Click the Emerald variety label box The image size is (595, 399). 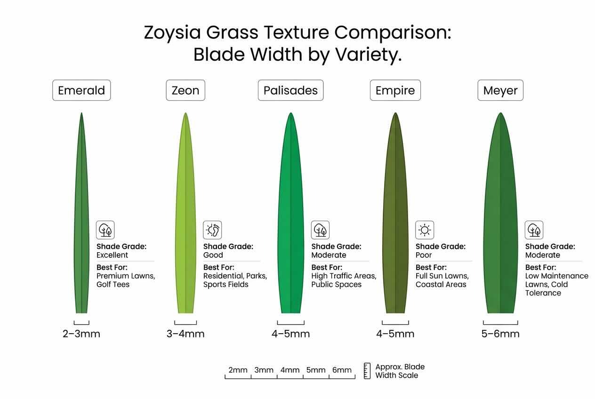pyautogui.click(x=81, y=90)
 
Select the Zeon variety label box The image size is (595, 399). pyautogui.click(x=185, y=90)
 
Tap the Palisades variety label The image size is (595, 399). pyautogui.click(x=290, y=90)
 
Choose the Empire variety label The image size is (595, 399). pyautogui.click(x=395, y=90)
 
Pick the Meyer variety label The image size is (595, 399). pyautogui.click(x=500, y=90)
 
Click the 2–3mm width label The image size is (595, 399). pyautogui.click(x=81, y=334)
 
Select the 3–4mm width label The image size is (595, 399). pyautogui.click(x=185, y=334)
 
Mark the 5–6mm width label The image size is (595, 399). pyautogui.click(x=500, y=334)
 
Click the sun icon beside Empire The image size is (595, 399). pyautogui.click(x=425, y=230)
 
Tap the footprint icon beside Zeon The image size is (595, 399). pyautogui.click(x=212, y=230)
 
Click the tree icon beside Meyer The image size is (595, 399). pyautogui.click(x=534, y=230)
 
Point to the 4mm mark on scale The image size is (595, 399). pyautogui.click(x=290, y=370)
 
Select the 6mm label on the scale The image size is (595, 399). pyautogui.click(x=342, y=370)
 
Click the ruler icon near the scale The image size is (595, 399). pyautogui.click(x=367, y=371)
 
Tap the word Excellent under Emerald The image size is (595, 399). pyautogui.click(x=112, y=255)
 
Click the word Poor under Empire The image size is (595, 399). pyautogui.click(x=424, y=255)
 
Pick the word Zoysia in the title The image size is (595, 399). pyautogui.click(x=174, y=33)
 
